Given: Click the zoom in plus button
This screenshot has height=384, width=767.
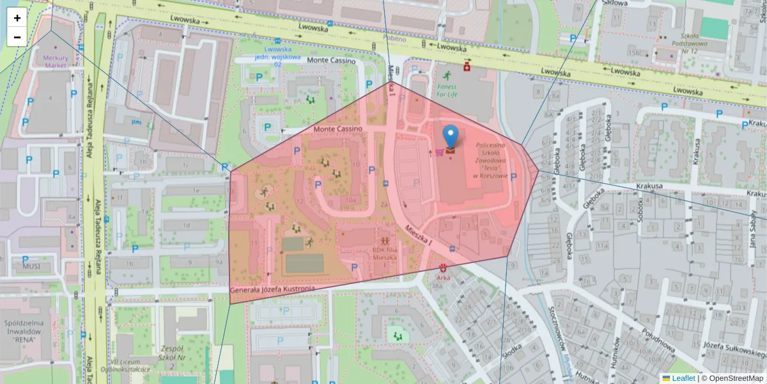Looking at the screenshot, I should click(x=17, y=18).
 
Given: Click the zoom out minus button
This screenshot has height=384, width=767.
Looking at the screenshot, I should click(x=17, y=37).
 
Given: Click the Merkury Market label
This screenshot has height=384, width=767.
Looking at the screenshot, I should click(x=55, y=61).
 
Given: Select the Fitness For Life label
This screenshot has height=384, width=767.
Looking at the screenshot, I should click(x=447, y=90).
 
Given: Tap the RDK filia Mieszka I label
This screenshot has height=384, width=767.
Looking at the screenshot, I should click(x=385, y=254).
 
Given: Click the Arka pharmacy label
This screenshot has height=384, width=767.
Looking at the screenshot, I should click(x=443, y=278).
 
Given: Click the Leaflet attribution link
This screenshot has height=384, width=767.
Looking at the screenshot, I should click(x=683, y=378).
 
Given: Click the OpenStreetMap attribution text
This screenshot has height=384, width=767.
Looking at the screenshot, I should click(x=732, y=378).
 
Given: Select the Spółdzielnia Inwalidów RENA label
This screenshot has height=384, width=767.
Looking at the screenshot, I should click(x=22, y=331).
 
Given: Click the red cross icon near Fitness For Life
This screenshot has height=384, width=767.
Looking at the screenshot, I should click(x=467, y=67).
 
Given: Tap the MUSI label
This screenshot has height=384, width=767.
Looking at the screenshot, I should click(x=31, y=266).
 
